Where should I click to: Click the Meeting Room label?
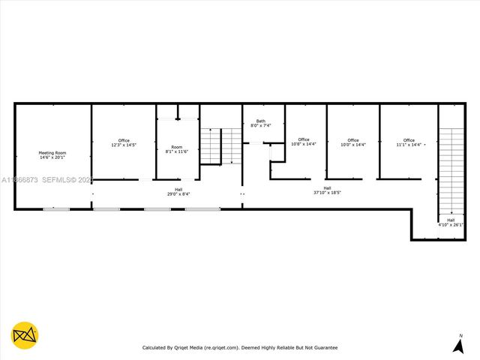point(52,153)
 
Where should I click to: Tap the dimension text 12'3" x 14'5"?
point(124,145)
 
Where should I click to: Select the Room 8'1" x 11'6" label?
point(176,147)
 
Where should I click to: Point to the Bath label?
point(260,121)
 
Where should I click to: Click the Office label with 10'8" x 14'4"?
point(303,139)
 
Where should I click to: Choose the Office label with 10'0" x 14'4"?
point(352,140)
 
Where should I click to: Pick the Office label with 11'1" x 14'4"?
point(409,140)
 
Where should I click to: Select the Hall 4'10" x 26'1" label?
point(450,220)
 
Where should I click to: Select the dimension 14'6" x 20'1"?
point(52,157)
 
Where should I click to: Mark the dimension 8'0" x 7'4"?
point(260,125)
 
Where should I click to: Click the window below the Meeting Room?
point(55,209)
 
